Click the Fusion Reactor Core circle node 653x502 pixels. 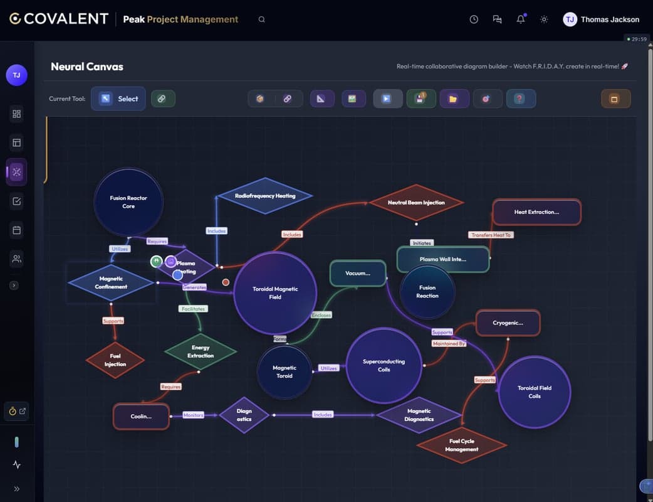128,202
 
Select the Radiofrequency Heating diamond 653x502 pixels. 264,196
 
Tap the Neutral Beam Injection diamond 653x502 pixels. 416,203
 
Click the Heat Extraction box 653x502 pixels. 536,212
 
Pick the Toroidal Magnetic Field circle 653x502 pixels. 274,293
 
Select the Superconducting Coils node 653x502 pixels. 384,365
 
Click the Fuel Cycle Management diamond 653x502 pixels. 462,445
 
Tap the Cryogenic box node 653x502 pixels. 508,323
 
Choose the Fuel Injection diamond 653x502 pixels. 115,360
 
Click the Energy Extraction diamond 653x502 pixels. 201,351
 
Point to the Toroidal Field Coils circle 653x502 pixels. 534,392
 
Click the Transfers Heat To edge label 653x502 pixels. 491,235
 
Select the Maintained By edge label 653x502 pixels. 449,344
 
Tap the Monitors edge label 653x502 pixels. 193,415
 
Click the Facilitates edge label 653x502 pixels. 193,309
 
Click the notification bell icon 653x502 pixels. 521,19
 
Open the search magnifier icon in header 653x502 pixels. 262,19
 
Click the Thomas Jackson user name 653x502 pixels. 610,19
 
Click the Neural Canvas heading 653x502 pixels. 87,67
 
